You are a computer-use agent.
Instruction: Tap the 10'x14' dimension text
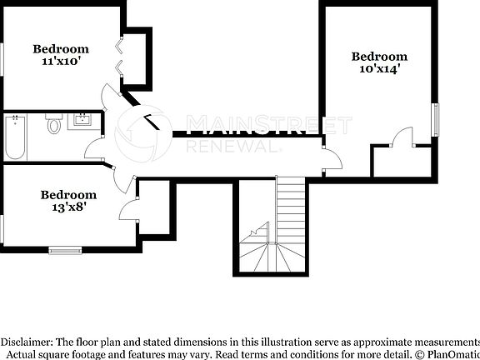click(379, 70)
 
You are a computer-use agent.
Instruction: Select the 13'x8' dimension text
click(67, 208)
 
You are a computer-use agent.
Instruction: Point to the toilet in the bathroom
click(54, 126)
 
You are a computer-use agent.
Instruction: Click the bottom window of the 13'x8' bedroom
click(65, 247)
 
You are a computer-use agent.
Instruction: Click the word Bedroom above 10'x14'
click(379, 57)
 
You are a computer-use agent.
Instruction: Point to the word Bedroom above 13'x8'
click(68, 195)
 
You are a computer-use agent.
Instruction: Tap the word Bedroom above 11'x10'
click(60, 48)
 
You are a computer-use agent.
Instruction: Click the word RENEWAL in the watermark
click(232, 145)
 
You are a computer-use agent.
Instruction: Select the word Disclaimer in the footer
click(27, 342)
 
